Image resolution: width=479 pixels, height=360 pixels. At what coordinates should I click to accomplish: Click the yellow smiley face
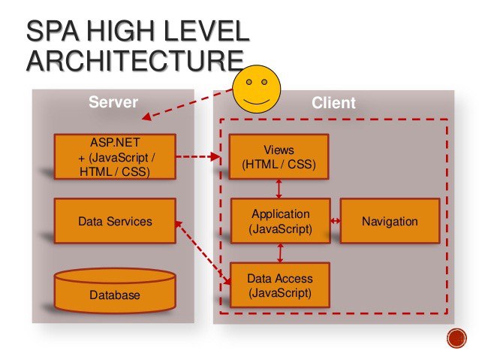(x=257, y=89)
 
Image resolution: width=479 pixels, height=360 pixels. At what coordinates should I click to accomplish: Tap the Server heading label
(x=113, y=102)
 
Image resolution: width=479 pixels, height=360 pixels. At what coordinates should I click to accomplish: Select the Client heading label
(x=333, y=103)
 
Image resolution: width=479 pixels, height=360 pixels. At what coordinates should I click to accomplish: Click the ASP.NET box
(x=115, y=156)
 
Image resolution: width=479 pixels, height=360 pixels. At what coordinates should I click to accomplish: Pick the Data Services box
(x=115, y=221)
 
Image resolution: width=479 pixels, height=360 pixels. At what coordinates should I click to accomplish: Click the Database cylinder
(x=115, y=291)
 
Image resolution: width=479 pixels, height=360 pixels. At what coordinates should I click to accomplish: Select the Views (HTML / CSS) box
(x=279, y=156)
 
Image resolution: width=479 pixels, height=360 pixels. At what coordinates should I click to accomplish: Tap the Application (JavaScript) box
(x=281, y=221)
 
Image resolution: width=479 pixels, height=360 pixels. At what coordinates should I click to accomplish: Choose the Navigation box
(x=390, y=221)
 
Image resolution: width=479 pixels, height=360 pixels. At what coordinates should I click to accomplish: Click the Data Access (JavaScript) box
(x=280, y=285)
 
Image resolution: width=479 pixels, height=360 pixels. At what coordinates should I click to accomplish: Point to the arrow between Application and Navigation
(x=336, y=220)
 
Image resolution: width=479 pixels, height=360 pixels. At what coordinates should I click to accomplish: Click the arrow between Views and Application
(x=279, y=189)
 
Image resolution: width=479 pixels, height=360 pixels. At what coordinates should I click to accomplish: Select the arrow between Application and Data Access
(x=280, y=253)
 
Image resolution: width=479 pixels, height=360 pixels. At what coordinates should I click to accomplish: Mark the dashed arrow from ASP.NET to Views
(x=198, y=156)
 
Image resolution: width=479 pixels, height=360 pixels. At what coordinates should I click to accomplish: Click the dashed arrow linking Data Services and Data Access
(x=203, y=253)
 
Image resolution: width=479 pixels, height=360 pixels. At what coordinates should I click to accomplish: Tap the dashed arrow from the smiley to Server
(x=188, y=104)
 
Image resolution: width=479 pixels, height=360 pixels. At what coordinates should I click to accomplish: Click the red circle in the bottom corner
(x=456, y=338)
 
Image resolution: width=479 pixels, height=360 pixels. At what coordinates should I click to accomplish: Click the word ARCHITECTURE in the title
(x=135, y=60)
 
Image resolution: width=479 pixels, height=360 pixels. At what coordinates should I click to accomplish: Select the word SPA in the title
(x=52, y=31)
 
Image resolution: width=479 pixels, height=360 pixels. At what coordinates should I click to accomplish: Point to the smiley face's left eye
(x=249, y=82)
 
